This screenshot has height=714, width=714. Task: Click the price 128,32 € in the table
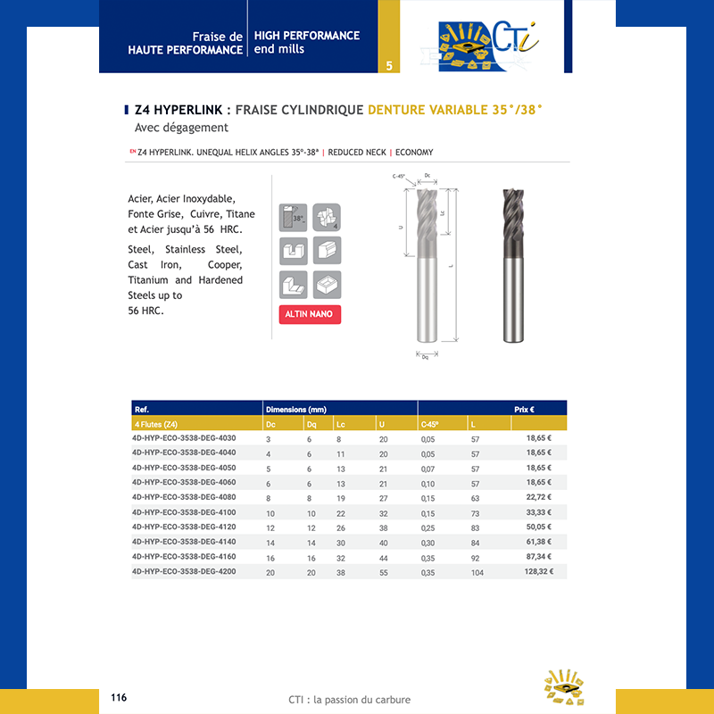(x=538, y=571)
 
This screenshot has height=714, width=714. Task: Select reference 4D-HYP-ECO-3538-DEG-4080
(x=184, y=496)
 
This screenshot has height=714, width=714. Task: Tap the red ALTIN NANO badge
(x=310, y=315)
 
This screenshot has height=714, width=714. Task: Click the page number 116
(x=119, y=697)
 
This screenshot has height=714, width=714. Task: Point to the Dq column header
(x=311, y=424)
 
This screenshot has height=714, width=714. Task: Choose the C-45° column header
(x=431, y=424)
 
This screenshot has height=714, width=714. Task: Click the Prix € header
(x=524, y=409)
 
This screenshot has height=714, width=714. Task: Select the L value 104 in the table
(x=477, y=572)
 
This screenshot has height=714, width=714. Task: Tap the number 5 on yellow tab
(x=389, y=66)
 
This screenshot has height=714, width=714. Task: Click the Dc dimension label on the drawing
(x=428, y=176)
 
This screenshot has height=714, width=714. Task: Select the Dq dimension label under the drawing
(x=425, y=356)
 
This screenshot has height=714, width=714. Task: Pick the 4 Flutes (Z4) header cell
(x=155, y=424)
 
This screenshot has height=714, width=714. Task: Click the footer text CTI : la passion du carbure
(x=350, y=700)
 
